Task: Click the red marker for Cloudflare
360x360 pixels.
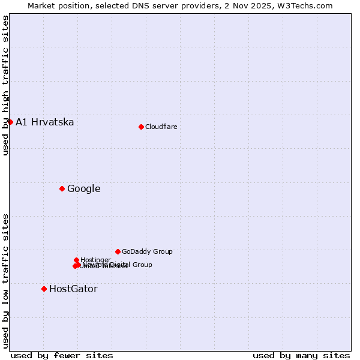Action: pos(141,127)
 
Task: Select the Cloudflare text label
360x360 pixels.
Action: pos(161,127)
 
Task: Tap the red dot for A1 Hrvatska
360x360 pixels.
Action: pos(10,122)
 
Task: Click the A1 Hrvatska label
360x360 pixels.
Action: pos(45,122)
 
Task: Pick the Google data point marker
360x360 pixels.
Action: pos(62,188)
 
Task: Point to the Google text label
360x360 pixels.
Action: pos(83,189)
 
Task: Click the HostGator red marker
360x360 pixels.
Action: pos(44,289)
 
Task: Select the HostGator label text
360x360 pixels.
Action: pos(73,289)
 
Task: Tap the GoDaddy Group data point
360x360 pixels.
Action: pos(118,251)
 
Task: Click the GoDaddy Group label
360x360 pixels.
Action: pos(146,252)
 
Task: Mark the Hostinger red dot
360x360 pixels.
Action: pos(76,260)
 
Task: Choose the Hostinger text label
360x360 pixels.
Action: pos(95,260)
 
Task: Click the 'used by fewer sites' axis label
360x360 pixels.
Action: pos(62,355)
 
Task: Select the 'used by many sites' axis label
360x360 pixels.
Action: pos(301,355)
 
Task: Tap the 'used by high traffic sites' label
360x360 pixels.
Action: pos(5,85)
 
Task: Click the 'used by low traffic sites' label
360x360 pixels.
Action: pos(5,280)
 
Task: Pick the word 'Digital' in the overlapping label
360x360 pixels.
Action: pos(120,265)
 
